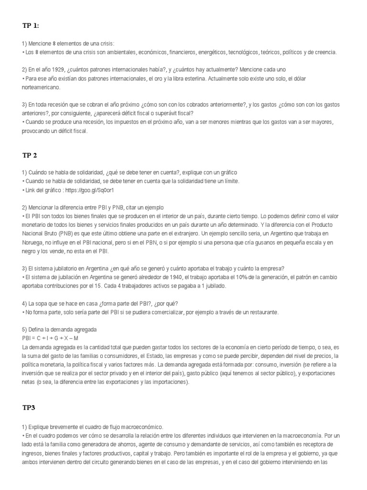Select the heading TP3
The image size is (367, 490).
click(29, 408)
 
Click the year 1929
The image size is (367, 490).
click(59, 69)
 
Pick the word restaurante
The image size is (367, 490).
click(261, 312)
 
